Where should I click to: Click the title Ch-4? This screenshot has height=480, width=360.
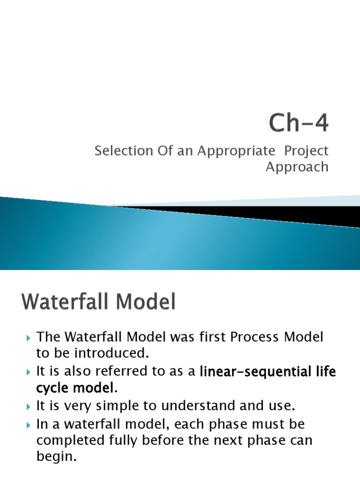(x=299, y=123)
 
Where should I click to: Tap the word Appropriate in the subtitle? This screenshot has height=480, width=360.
(x=236, y=151)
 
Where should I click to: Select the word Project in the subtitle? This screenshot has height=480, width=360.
(x=306, y=151)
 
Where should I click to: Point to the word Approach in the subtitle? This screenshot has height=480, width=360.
(x=297, y=167)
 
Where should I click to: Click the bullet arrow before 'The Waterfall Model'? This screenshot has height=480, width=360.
(x=29, y=338)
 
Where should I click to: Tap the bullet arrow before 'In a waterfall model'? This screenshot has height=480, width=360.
(x=29, y=426)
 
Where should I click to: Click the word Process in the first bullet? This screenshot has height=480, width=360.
(x=255, y=337)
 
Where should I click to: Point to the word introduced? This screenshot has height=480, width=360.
(x=112, y=353)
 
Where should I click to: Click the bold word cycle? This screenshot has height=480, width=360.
(x=52, y=388)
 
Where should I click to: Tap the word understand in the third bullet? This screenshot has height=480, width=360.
(x=198, y=405)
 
